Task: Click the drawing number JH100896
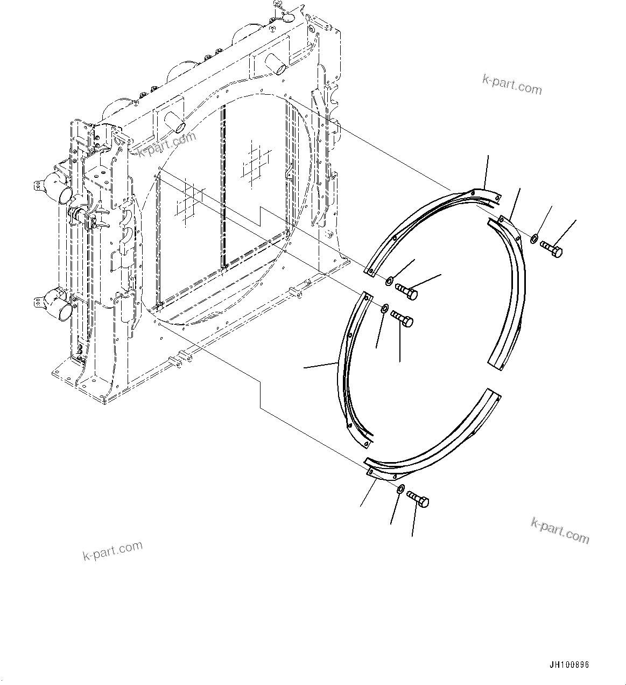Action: [x=569, y=665]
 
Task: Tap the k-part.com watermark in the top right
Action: [x=511, y=84]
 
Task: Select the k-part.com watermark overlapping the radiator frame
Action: [x=167, y=145]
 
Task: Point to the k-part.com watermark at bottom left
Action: [x=112, y=550]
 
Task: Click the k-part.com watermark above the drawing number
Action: [x=560, y=530]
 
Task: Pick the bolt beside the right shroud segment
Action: [x=551, y=249]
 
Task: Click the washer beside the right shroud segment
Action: [x=533, y=238]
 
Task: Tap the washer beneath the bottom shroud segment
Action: [x=400, y=488]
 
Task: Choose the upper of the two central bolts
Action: [x=407, y=292]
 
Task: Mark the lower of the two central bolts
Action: [x=402, y=318]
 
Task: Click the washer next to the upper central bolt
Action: [x=389, y=281]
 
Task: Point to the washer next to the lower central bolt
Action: [x=384, y=308]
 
